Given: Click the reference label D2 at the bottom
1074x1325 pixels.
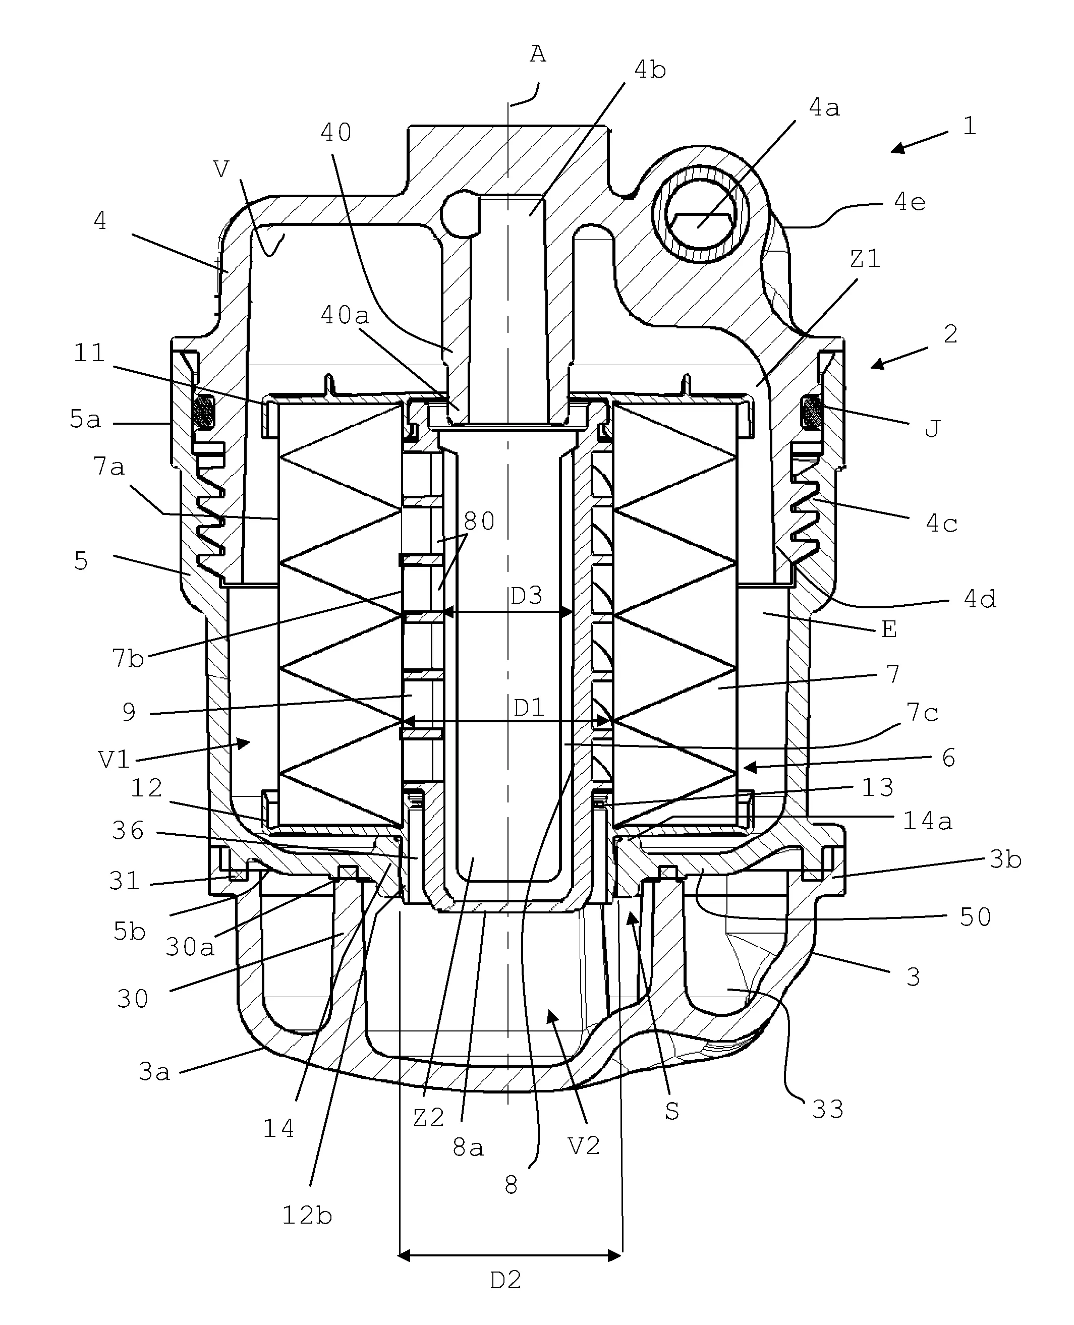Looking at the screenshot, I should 505,1280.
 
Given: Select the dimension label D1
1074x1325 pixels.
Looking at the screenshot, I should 529,708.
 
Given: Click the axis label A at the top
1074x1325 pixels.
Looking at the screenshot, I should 538,55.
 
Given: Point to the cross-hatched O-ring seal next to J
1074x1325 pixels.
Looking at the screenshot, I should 811,412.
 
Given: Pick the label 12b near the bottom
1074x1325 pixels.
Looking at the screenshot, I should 307,1215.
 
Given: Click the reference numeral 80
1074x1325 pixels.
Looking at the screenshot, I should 479,522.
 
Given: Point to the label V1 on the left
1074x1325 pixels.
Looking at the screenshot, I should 115,759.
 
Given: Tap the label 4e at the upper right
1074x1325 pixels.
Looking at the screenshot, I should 910,202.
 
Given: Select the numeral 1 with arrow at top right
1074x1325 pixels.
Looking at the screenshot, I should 970,127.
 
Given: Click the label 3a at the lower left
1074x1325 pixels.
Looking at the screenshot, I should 154,1072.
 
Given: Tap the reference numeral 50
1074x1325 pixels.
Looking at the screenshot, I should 975,917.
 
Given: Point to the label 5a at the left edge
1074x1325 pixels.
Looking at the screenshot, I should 85,420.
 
